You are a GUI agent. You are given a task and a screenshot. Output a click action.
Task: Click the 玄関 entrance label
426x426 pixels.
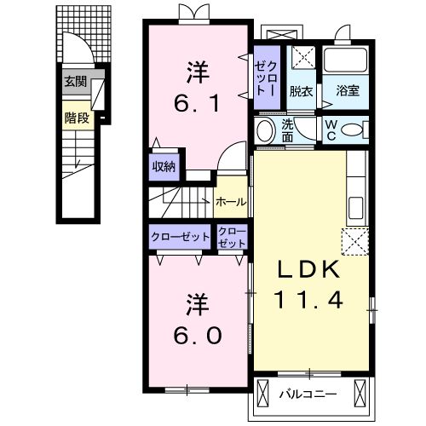point(75,82)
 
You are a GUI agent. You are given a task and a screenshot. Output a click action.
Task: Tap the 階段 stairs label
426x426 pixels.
point(77,118)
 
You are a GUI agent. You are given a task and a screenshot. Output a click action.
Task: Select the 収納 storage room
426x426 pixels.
point(164,167)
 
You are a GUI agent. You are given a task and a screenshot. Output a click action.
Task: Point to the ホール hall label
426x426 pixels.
point(231,202)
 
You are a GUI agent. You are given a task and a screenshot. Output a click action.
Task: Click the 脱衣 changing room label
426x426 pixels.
point(301,92)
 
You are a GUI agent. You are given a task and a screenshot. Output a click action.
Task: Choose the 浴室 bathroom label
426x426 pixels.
point(348,91)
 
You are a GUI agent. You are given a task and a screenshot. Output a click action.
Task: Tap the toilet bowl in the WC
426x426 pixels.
point(352,130)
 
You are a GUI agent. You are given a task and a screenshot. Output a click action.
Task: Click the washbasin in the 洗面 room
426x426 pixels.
point(266,131)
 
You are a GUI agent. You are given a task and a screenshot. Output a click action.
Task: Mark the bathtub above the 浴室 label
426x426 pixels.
point(346,60)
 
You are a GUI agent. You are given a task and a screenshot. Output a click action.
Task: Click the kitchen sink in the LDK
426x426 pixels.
point(355,208)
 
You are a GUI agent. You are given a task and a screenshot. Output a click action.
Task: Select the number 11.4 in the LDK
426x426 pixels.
point(308,300)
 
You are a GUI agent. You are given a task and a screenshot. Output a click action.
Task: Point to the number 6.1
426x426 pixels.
point(197,103)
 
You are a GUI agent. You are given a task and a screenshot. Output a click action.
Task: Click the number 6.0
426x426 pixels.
point(197,336)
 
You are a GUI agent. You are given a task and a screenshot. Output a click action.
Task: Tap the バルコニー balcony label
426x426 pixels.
point(308,394)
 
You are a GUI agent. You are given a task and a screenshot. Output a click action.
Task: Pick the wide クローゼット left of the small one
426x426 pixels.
point(180,237)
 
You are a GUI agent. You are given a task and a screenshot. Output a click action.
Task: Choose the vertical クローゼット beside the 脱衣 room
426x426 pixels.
point(267,78)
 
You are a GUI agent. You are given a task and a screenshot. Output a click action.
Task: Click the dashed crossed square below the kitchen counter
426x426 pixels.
point(355,242)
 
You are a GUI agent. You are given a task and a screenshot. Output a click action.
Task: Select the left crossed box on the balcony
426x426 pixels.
point(262,394)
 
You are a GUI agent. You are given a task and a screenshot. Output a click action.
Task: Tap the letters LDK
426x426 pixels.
point(308,269)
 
